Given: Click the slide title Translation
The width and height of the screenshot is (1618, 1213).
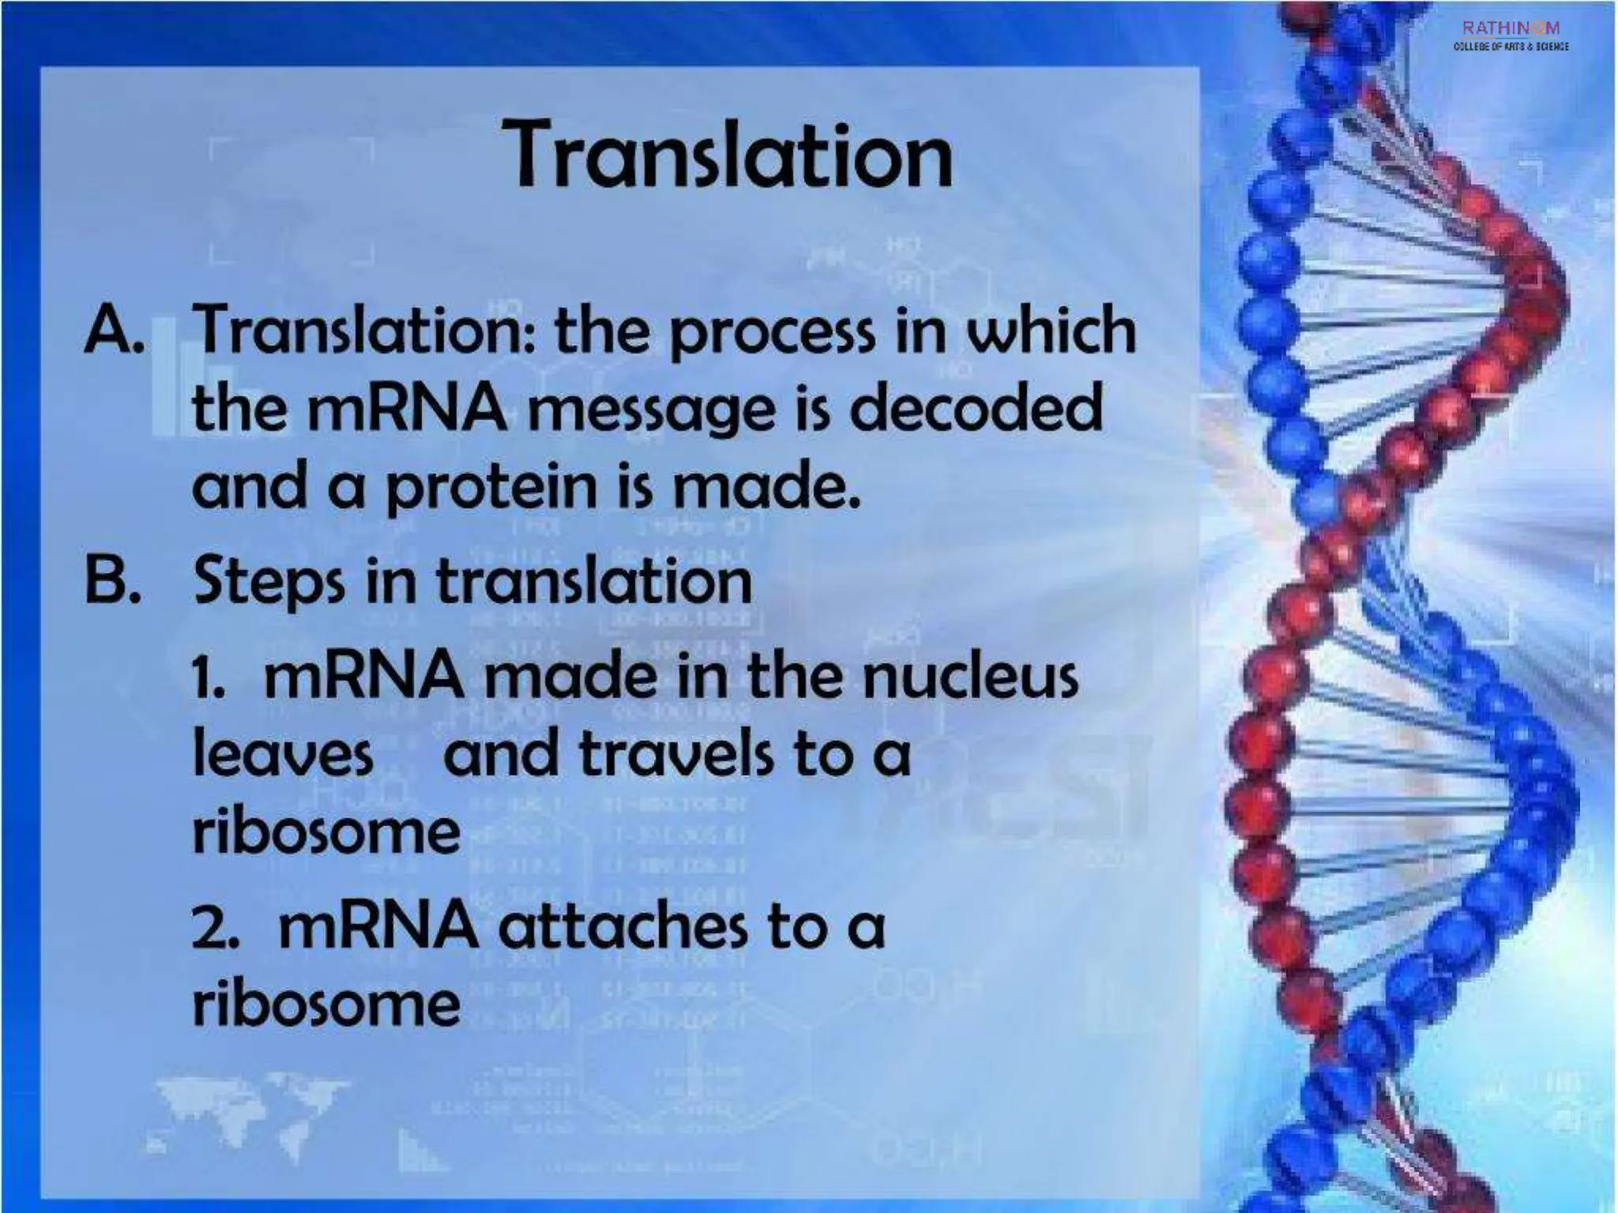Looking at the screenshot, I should point(732,155).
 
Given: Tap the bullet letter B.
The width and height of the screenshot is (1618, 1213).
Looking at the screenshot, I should point(111,580).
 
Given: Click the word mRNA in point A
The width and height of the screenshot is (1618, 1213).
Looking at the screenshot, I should point(406,410).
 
